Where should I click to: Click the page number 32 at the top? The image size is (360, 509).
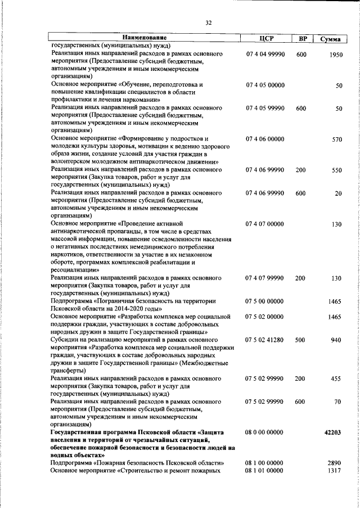(208, 23)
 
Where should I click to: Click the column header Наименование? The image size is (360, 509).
(139, 38)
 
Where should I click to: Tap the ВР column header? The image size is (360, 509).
(303, 38)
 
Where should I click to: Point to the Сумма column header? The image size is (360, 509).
(330, 38)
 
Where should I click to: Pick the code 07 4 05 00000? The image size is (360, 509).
(265, 85)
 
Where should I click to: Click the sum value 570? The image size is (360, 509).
(336, 139)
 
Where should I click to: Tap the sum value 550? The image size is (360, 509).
(336, 170)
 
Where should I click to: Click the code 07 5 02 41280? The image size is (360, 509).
(265, 340)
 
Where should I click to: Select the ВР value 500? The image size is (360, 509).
(301, 340)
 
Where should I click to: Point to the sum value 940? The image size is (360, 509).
(336, 340)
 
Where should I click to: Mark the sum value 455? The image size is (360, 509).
(336, 379)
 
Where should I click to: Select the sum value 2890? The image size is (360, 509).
(334, 463)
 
